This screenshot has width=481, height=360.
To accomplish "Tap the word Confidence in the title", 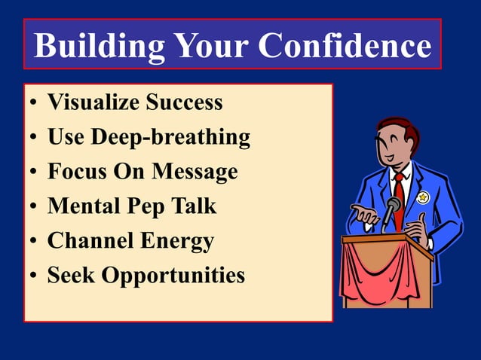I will click(x=345, y=46).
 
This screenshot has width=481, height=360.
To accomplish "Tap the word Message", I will click(x=195, y=172).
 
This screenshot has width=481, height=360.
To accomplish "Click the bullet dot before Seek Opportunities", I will click(x=34, y=276).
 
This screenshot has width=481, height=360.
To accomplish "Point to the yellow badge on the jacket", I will click(x=423, y=197).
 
